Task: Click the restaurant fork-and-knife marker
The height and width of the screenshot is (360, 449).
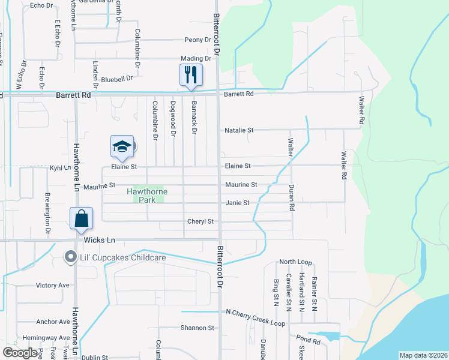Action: click(x=191, y=75)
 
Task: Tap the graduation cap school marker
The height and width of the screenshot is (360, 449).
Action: click(x=122, y=146)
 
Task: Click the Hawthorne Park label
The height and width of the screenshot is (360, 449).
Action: click(x=147, y=196)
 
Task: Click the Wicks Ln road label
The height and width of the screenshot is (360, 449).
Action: click(x=98, y=240)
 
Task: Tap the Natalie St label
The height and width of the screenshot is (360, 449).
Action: click(x=239, y=130)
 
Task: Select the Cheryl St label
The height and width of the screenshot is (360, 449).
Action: click(x=201, y=221)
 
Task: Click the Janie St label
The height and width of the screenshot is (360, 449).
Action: click(x=237, y=203)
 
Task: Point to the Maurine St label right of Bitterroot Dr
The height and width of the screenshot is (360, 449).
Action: click(x=241, y=185)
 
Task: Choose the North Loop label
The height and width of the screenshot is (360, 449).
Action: click(x=295, y=262)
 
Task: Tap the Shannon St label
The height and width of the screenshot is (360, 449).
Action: click(x=197, y=328)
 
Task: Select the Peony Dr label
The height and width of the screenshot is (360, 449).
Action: click(x=197, y=40)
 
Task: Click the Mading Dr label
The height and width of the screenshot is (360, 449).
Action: click(x=196, y=59)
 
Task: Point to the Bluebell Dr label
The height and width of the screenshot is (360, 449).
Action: click(x=117, y=79)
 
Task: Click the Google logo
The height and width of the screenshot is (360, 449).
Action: click(x=20, y=353)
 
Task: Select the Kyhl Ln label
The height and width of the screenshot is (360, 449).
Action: click(x=60, y=169)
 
